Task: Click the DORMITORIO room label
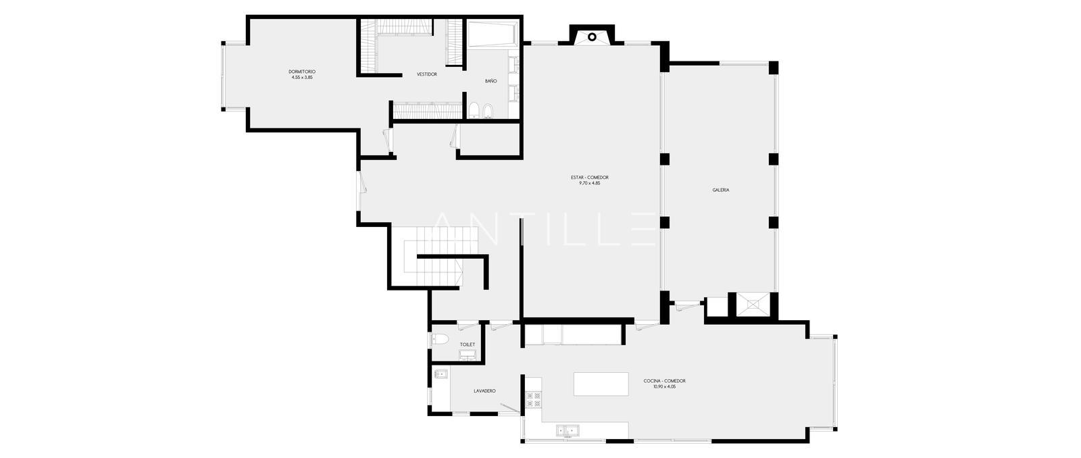(x=302, y=72)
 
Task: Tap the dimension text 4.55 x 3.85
(x=302, y=77)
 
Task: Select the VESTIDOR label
(x=427, y=74)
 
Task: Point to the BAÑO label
(x=491, y=81)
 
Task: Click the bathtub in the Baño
(x=493, y=34)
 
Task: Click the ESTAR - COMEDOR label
(x=590, y=178)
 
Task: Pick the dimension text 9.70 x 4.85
(x=590, y=183)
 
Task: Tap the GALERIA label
(x=721, y=190)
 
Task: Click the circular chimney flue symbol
(x=592, y=36)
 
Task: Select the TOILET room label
(x=467, y=345)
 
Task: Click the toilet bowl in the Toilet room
(x=440, y=339)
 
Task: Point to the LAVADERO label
(x=484, y=391)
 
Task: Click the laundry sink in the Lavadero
(x=442, y=374)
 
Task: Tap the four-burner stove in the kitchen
(x=534, y=400)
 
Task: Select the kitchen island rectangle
(x=601, y=384)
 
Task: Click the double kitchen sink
(x=568, y=430)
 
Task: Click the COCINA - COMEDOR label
(x=665, y=381)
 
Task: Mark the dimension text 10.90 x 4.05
(x=665, y=386)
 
